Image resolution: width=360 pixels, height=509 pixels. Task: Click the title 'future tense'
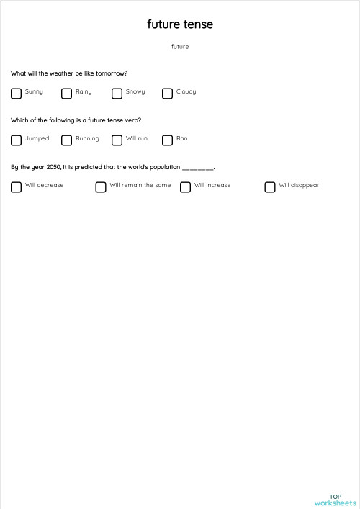180,24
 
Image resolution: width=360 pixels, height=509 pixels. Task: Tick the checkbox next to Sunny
16,93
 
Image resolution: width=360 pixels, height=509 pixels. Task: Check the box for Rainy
66,93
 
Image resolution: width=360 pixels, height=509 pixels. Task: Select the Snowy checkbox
117,93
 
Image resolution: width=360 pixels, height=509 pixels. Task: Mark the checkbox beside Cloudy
167,93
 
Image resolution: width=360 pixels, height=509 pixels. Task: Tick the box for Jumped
16,140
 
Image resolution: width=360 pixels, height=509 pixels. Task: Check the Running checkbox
66,140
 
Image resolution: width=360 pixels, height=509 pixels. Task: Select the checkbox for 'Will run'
117,140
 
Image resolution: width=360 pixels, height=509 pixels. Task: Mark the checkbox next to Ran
167,140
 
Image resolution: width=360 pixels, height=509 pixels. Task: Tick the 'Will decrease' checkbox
16,186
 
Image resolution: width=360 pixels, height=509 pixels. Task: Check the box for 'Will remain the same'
101,186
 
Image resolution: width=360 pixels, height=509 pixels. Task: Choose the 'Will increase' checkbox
185,186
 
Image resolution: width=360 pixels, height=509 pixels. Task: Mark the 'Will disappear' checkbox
270,186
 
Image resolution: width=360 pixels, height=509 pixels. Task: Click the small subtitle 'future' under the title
180,47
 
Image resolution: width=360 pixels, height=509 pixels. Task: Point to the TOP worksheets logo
335,500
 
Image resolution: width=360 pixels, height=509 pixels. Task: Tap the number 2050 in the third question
53,167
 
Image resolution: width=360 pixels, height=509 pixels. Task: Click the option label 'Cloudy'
186,92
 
